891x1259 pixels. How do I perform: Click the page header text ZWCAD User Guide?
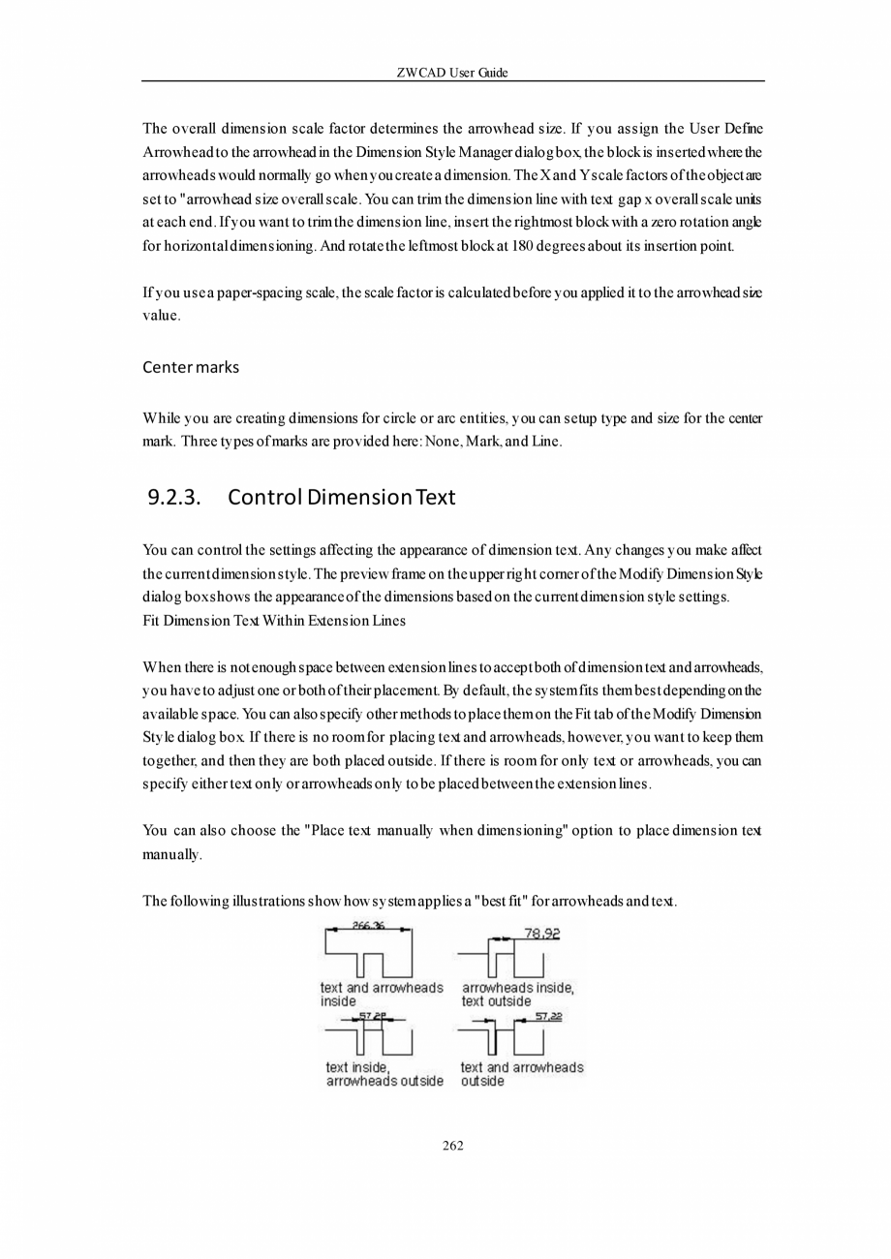pos(452,73)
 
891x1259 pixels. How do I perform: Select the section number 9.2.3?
pos(174,498)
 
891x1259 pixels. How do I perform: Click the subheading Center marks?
pos(191,367)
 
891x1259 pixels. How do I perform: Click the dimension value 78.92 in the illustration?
pos(541,934)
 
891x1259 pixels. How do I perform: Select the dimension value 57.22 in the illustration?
pos(548,1016)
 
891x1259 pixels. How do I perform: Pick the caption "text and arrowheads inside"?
pos(382,995)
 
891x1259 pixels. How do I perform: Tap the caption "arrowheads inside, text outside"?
pos(517,995)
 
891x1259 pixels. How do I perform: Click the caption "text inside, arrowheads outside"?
pos(384,1074)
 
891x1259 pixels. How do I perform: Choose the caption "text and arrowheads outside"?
pos(522,1074)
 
